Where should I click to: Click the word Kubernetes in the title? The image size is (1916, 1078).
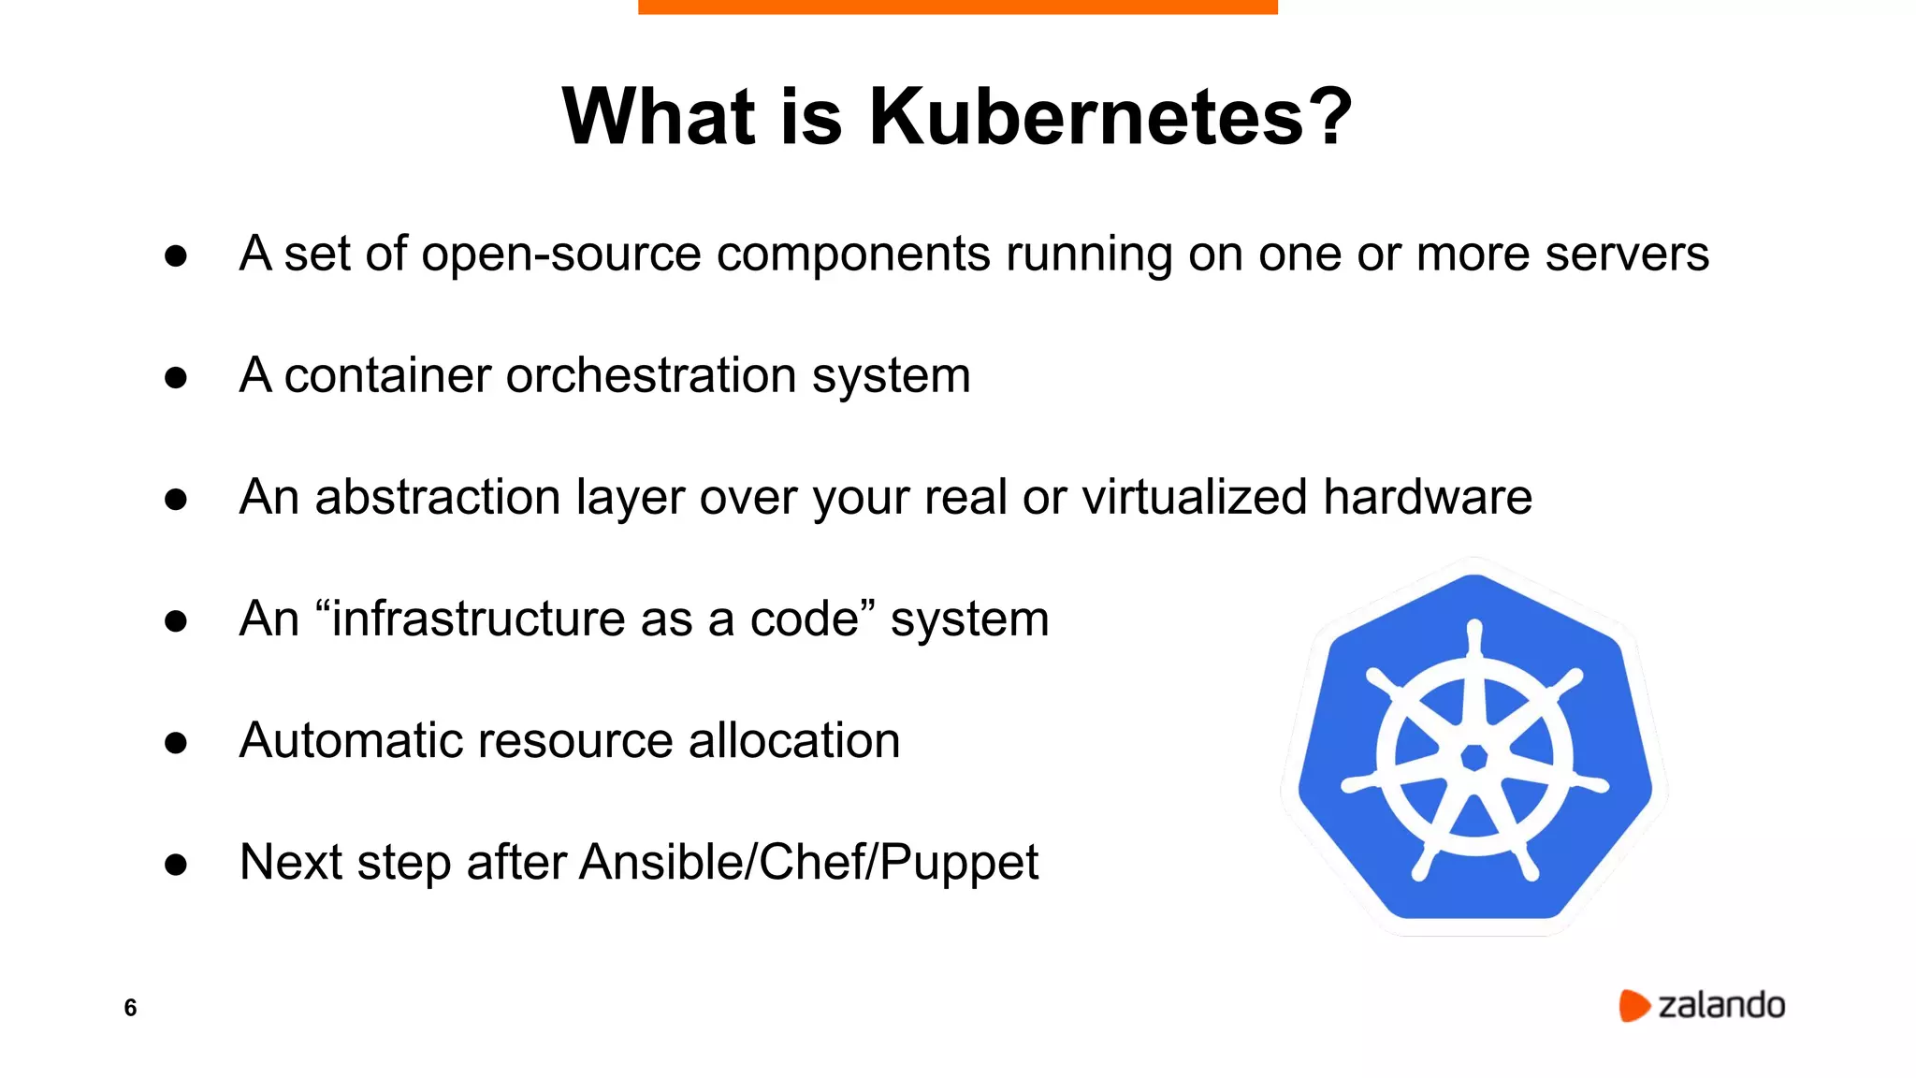click(1086, 117)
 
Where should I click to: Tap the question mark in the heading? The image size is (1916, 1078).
click(1329, 117)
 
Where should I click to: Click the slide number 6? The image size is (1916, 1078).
click(130, 1008)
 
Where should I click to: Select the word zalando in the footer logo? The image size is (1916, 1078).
click(1721, 1006)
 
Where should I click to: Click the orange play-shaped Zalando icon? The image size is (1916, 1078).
click(1633, 1006)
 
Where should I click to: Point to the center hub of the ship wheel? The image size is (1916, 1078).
click(1474, 757)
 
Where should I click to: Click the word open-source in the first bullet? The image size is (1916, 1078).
click(561, 255)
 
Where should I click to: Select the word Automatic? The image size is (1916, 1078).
click(351, 741)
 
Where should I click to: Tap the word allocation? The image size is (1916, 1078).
click(794, 741)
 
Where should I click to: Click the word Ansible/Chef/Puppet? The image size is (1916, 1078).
click(808, 863)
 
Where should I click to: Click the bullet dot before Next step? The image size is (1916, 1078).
click(176, 865)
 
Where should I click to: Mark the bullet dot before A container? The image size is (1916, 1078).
click(176, 378)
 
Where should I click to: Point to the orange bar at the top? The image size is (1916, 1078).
click(957, 7)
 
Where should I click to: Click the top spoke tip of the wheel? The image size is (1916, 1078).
click(1474, 627)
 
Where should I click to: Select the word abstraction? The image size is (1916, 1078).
click(437, 497)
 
